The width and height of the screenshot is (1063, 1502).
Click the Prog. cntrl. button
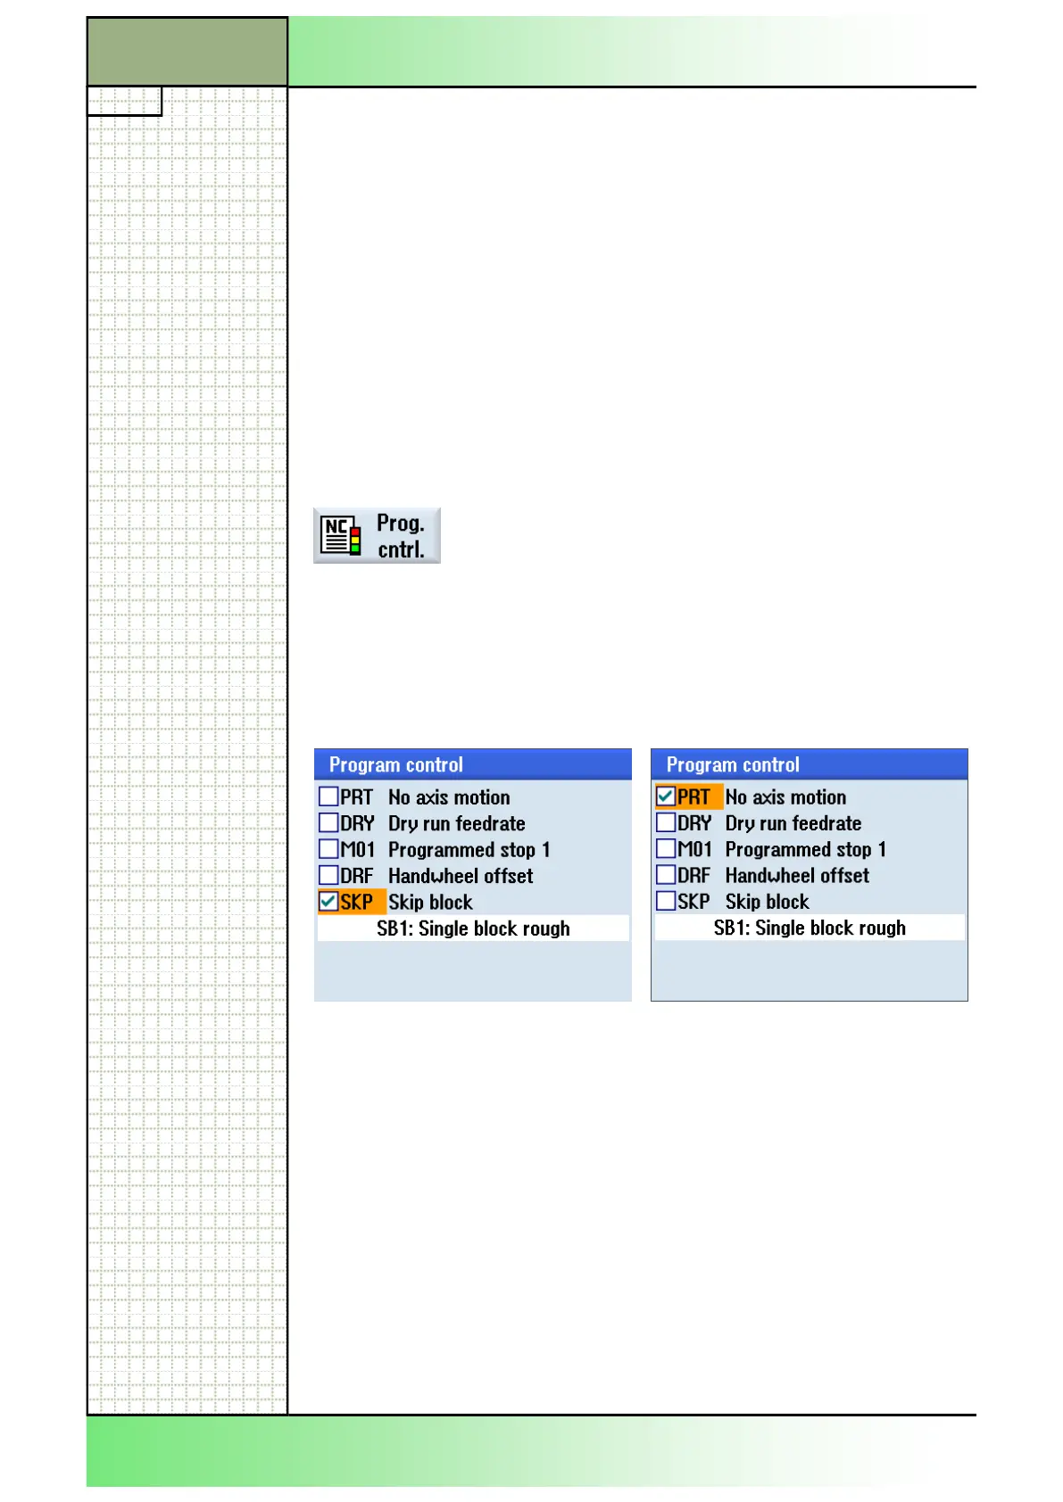377,535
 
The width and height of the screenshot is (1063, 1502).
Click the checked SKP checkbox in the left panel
328,902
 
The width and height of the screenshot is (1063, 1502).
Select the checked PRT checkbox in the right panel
666,796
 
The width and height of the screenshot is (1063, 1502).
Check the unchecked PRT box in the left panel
328,796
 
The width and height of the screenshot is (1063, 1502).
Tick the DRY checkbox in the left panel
328,822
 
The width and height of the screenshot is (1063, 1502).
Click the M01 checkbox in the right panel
666,849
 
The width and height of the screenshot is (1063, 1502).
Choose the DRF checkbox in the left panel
328,875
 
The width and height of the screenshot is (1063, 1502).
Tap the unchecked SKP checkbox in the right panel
666,902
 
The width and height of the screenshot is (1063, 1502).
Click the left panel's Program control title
396,765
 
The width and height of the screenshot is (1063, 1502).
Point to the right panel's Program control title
733,765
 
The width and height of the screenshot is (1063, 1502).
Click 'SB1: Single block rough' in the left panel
473,928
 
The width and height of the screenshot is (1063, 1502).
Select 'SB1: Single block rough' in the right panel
810,928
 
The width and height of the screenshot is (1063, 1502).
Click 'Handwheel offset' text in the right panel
797,876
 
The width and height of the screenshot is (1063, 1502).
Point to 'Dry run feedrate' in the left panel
457,823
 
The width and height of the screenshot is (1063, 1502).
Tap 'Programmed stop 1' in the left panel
469,849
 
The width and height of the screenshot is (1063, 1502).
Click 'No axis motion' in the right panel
785,796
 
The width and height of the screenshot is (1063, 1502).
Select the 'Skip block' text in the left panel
430,902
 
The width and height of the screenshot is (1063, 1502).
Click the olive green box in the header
187,52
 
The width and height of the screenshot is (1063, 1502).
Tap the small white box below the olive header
124,102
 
